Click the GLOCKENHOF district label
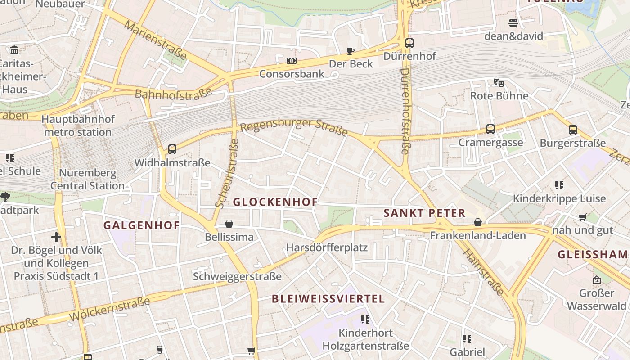pos(275,202)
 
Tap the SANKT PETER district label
pos(424,213)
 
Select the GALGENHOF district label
pos(141,225)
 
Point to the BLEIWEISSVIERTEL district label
pos(328,299)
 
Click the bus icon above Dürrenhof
pos(409,43)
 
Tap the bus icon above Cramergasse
pos(490,129)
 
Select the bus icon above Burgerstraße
pos(572,130)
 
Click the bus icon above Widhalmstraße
pos(172,149)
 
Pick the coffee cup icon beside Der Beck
pos(351,51)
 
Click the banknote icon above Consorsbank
pos(291,60)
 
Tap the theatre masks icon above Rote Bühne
pos(499,82)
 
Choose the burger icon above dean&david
pos(513,22)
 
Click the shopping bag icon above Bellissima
pos(229,224)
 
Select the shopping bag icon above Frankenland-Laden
pos(477,222)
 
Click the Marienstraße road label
pos(155,40)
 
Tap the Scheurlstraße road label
pos(227,173)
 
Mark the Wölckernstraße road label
pos(109,310)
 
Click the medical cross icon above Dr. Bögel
pos(56,237)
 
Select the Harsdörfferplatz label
pos(327,247)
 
